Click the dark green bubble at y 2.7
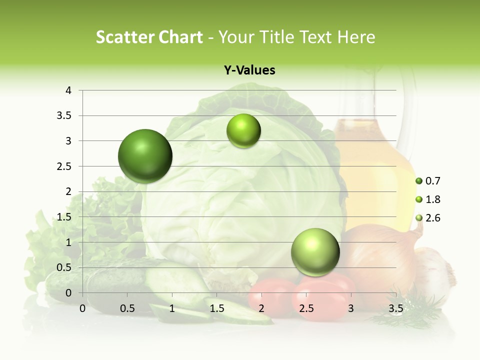145,156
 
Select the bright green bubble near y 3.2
243,131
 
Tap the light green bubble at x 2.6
315,252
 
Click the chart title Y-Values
249,70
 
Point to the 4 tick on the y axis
68,90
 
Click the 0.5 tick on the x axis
127,308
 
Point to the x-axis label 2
261,308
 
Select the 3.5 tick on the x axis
395,308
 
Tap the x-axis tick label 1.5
216,308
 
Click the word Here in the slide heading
356,37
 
